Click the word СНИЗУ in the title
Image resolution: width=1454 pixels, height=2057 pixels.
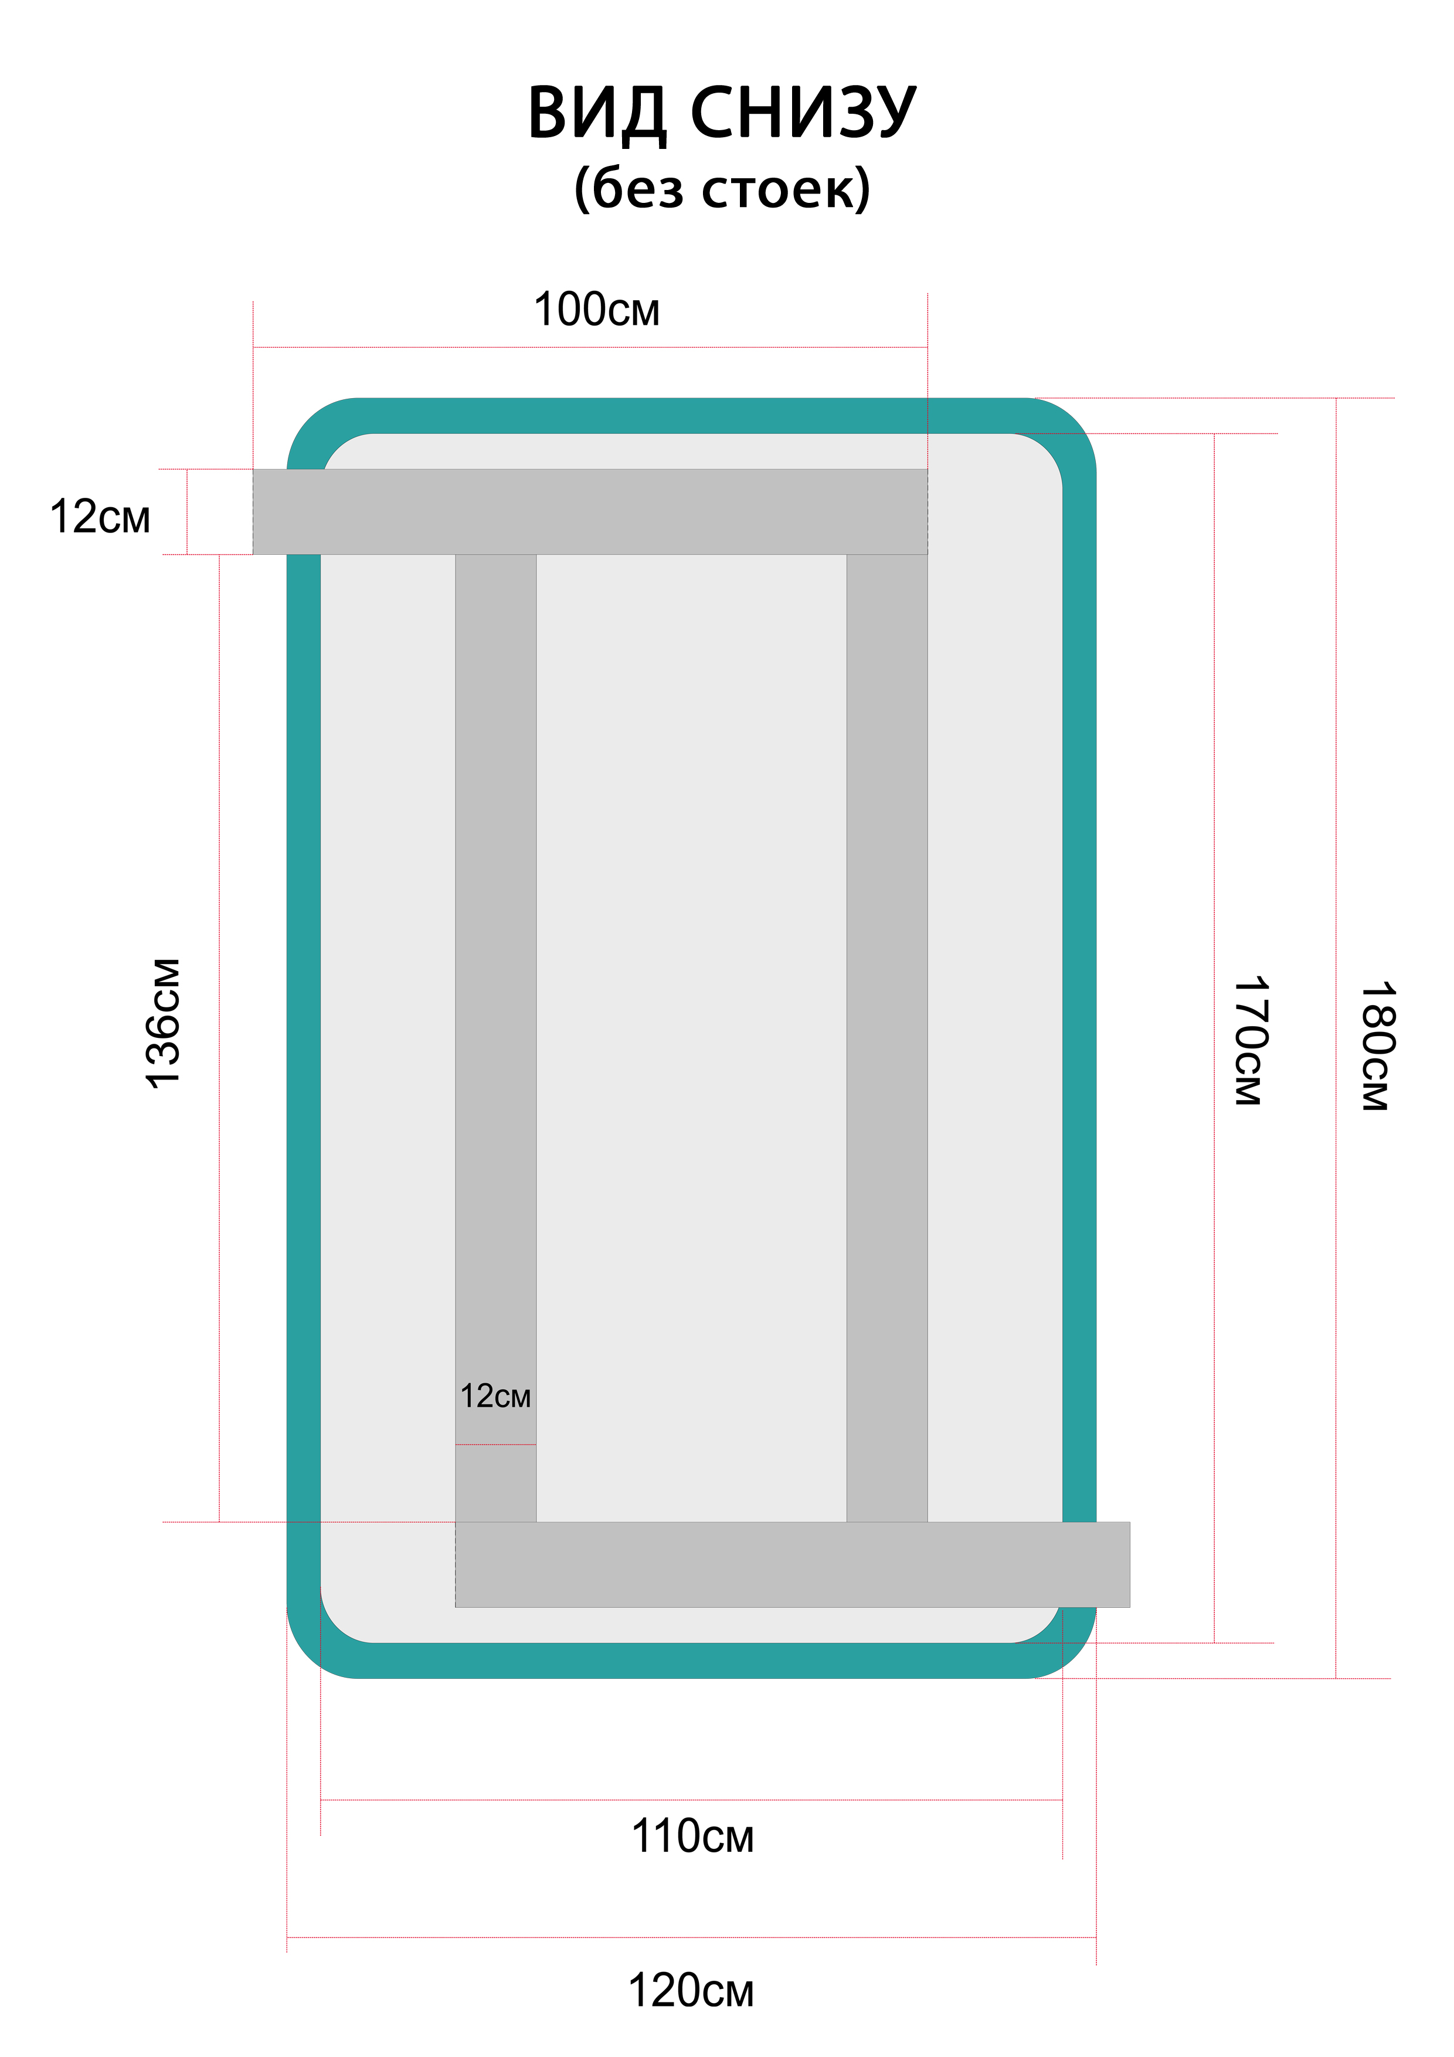804,114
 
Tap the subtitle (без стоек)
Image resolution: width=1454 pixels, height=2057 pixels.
722,188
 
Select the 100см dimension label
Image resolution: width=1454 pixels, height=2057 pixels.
597,310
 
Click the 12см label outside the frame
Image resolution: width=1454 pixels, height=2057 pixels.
100,517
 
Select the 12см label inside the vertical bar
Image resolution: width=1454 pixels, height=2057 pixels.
495,1396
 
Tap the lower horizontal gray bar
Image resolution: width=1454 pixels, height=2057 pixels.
792,1564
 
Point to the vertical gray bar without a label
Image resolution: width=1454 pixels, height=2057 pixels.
887,1030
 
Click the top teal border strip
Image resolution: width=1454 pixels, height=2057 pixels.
690,416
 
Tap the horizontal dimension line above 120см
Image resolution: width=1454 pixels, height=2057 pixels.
691,1938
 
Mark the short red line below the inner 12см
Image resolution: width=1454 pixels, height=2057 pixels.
495,1444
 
